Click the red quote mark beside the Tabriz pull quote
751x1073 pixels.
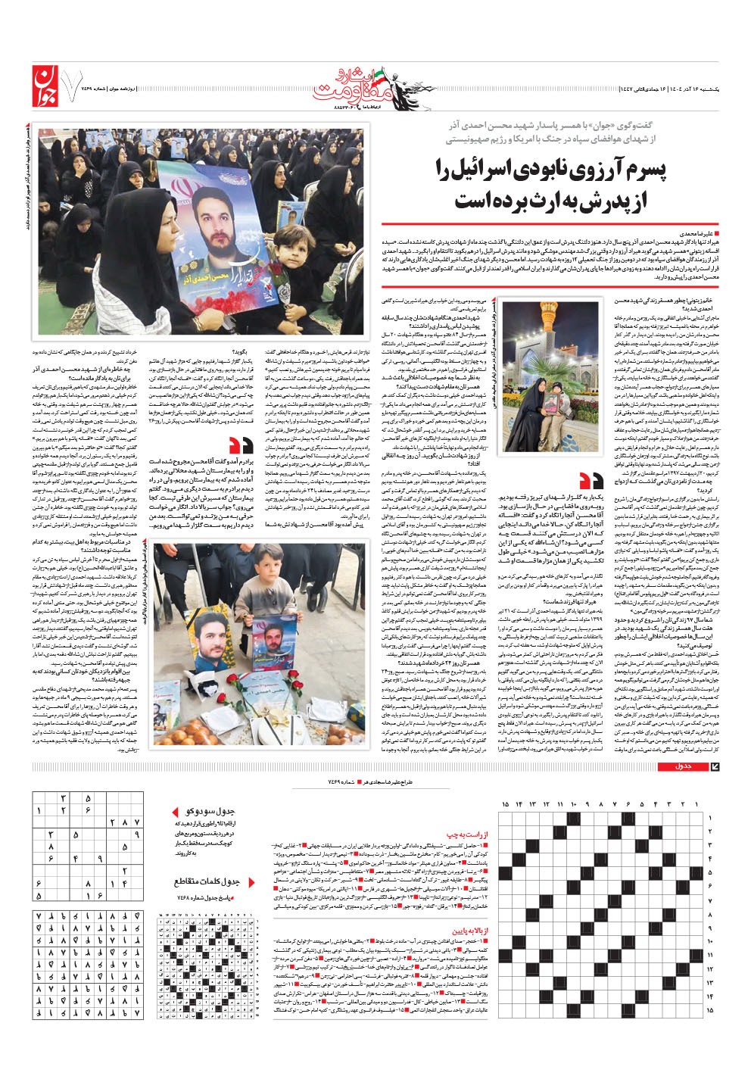coord(589,480)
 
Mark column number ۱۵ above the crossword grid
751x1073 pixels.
coord(506,803)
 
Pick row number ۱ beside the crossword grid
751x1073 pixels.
coord(709,819)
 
